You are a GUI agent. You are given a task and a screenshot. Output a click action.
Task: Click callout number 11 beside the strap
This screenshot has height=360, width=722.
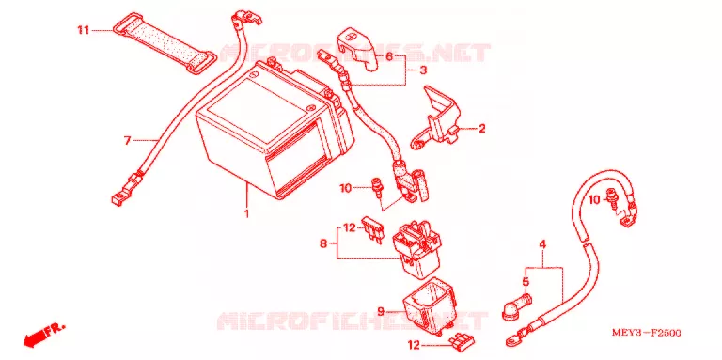tap(83, 31)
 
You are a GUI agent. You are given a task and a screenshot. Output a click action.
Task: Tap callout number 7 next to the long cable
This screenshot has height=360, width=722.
tap(128, 140)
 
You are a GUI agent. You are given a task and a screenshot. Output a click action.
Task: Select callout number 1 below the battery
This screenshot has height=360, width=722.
tap(246, 213)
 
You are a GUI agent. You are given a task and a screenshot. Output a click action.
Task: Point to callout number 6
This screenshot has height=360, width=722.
tap(389, 57)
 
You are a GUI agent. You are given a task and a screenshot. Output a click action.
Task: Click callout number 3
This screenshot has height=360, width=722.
tap(423, 70)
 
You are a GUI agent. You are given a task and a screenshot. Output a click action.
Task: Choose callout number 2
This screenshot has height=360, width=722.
tap(481, 129)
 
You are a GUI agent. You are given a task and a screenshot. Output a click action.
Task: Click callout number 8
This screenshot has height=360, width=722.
tap(323, 243)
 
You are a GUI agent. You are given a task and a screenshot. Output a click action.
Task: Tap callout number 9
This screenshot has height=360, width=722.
tap(381, 312)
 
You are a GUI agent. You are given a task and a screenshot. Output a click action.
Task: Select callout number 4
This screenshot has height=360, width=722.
tap(542, 244)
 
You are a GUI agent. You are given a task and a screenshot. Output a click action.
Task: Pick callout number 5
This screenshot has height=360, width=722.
tap(526, 281)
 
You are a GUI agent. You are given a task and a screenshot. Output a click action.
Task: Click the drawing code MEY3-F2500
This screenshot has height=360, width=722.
tap(647, 333)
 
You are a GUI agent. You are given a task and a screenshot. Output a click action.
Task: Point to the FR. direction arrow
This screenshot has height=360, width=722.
tap(43, 334)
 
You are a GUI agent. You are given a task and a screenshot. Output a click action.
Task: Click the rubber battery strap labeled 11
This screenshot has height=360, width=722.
tap(164, 43)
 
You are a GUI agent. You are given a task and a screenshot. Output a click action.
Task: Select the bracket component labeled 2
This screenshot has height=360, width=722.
tap(435, 119)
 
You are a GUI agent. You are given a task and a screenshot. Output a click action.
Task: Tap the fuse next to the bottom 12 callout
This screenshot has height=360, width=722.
tap(461, 340)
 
